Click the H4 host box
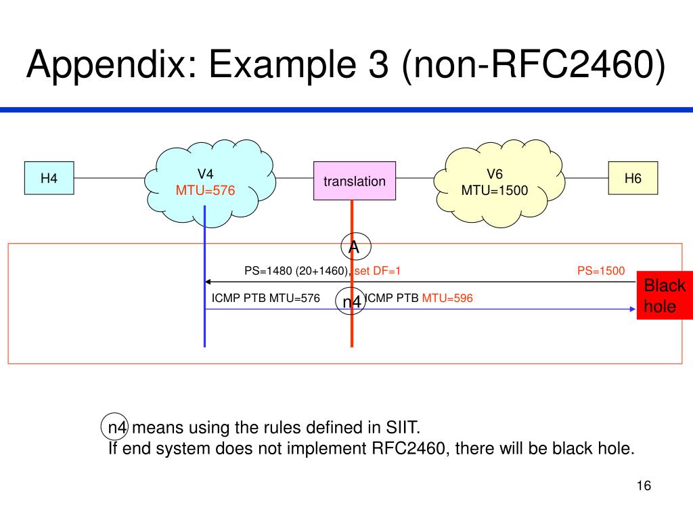tap(49, 178)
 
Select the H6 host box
tap(633, 178)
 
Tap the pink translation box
tap(355, 181)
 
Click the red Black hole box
tap(665, 295)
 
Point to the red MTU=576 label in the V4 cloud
tap(205, 190)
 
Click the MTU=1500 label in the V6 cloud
tap(495, 190)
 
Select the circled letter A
tap(356, 246)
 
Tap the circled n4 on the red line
tap(351, 301)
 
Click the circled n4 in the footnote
tap(115, 427)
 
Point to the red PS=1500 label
tap(601, 271)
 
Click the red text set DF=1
tap(378, 271)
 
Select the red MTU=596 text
tap(447, 298)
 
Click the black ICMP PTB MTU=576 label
tap(265, 298)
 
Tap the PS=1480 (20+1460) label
tap(297, 271)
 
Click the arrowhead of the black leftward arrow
tap(208, 282)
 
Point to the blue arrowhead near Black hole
tap(633, 309)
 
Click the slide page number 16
tap(644, 485)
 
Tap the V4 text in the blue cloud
tap(205, 174)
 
